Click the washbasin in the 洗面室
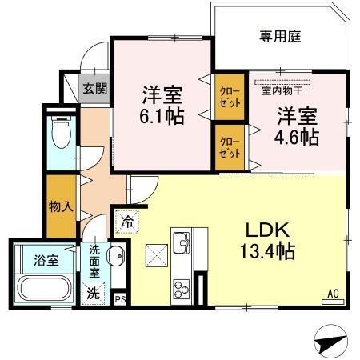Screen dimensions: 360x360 (114, 258)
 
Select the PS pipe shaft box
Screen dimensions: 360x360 (121, 299)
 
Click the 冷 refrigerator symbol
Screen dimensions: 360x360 (127, 218)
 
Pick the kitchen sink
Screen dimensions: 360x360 (181, 242)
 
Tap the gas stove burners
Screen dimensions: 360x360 (181, 286)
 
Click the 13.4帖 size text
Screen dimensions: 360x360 (269, 252)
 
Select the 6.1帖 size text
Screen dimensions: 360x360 (162, 117)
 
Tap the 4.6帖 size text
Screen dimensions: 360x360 (298, 136)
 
